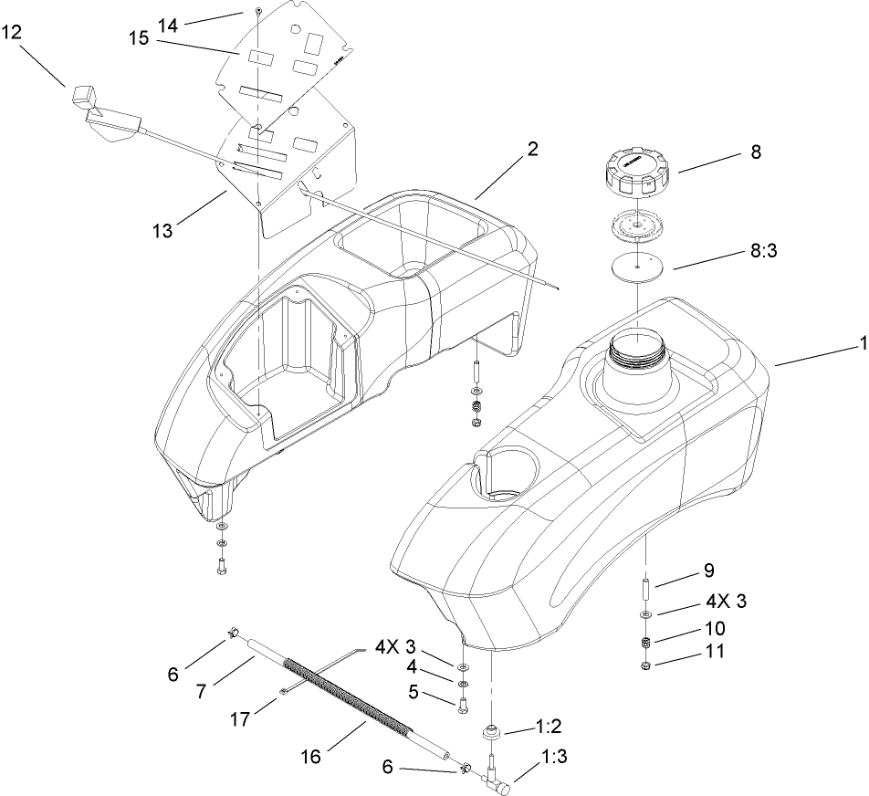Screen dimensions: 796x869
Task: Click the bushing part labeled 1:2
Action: pos(493,731)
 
